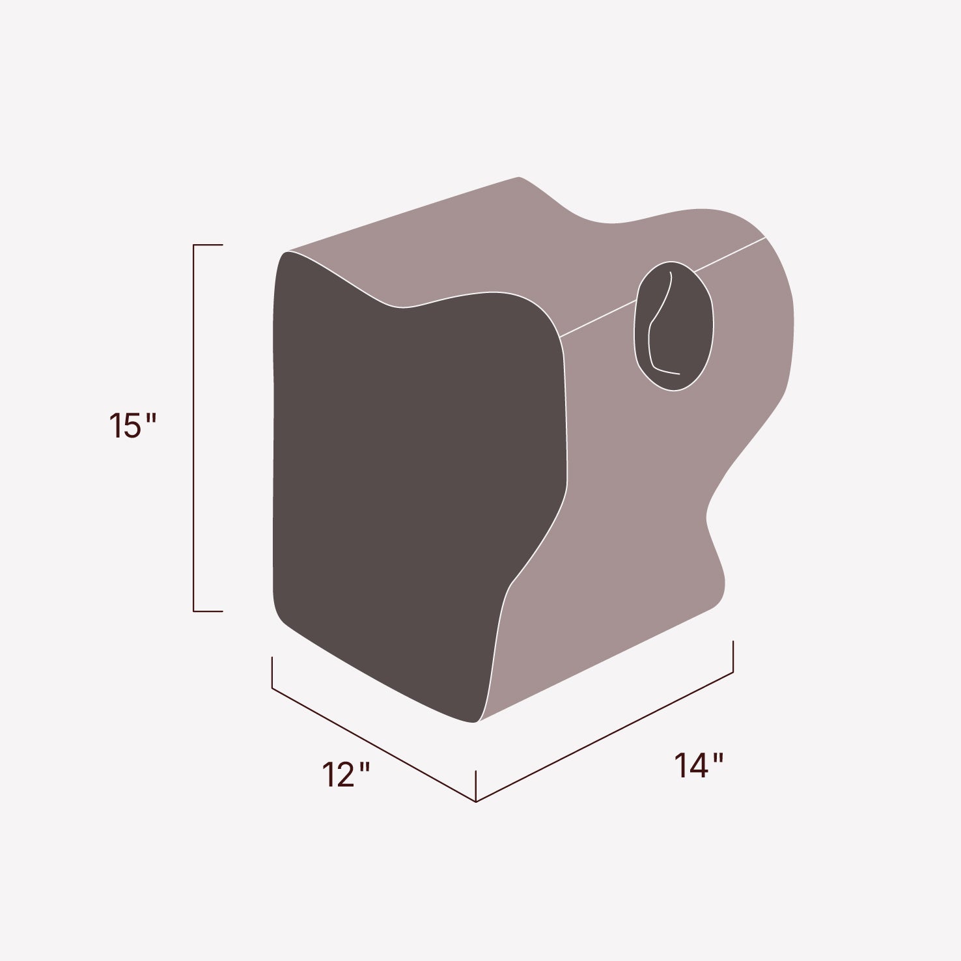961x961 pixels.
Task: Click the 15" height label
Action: coord(132,426)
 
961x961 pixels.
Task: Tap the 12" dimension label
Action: coord(346,775)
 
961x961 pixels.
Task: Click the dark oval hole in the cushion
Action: coord(674,326)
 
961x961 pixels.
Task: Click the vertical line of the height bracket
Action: coord(194,428)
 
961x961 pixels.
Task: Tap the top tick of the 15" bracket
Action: coord(208,245)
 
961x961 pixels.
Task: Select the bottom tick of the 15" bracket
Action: coord(208,611)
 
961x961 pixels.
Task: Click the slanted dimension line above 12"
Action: coord(374,744)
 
